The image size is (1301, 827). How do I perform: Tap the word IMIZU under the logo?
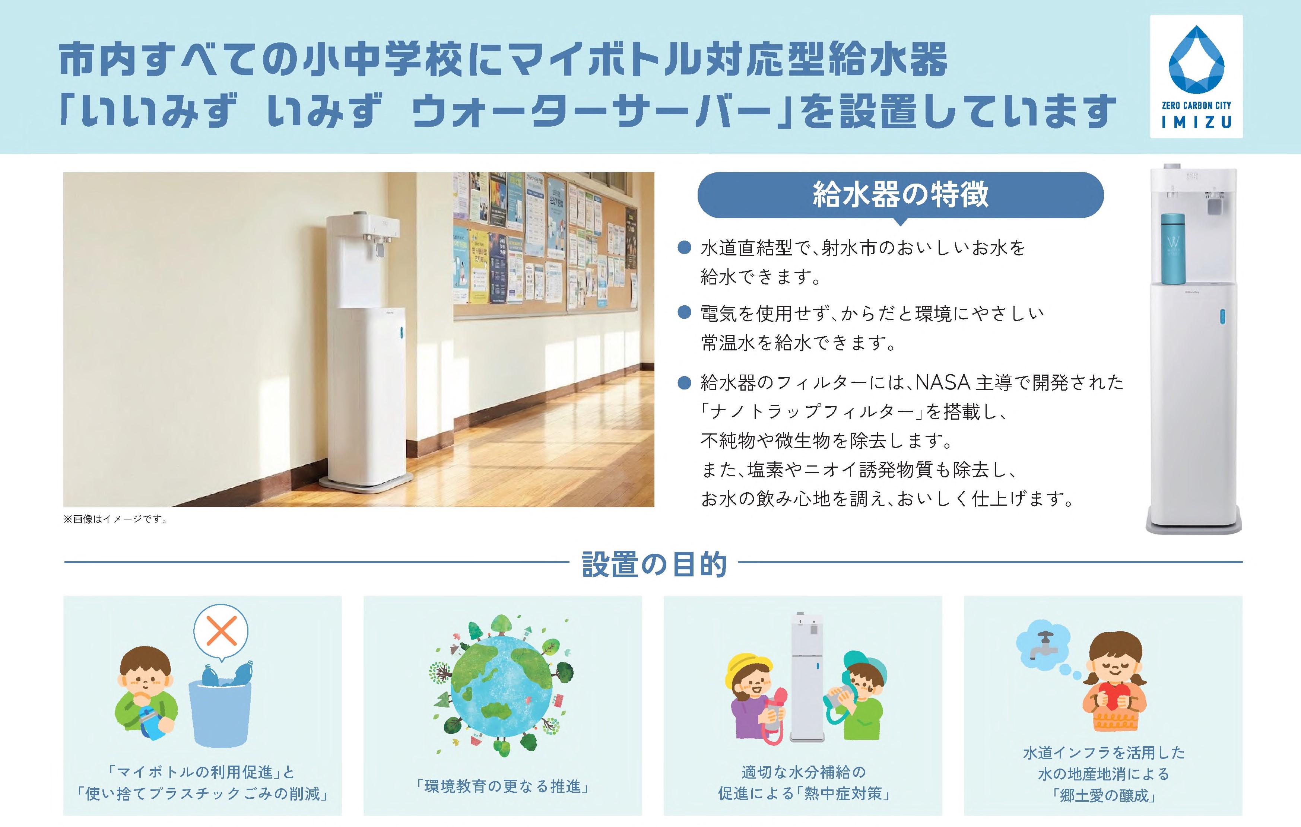click(1196, 123)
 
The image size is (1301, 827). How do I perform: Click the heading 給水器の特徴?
click(900, 194)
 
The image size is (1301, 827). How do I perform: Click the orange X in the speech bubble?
click(221, 630)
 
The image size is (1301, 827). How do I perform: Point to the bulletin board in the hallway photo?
click(546, 243)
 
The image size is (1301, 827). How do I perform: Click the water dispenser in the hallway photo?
click(366, 351)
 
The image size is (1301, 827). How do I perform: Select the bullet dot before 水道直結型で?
click(685, 247)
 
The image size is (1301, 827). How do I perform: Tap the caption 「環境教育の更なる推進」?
click(502, 786)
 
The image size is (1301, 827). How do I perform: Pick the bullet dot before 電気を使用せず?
click(685, 312)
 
